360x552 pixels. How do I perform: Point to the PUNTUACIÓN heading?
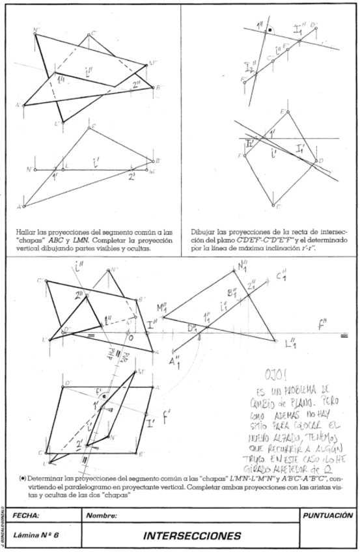coord(329,515)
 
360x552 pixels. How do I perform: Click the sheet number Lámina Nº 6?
coord(33,536)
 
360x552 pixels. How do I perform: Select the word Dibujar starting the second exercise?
coord(202,230)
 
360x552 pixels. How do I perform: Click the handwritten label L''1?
coord(292,342)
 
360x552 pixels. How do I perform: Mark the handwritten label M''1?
coord(161,307)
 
